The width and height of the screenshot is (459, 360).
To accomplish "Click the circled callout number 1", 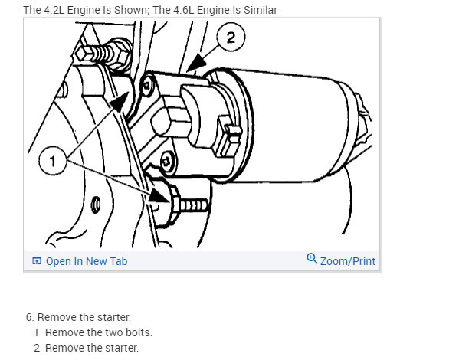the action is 53,161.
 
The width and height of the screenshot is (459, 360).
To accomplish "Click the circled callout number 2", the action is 231,38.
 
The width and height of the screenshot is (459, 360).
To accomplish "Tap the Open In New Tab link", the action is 87,261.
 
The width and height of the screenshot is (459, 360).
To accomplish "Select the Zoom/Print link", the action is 347,261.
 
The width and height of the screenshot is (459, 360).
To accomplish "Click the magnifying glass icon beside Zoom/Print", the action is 312,258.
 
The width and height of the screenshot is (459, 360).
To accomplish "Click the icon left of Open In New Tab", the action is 37,260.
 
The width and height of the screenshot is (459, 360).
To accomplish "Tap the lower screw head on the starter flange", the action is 168,162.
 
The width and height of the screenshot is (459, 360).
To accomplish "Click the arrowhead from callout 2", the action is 196,63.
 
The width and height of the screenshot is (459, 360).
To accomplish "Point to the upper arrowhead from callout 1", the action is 120,102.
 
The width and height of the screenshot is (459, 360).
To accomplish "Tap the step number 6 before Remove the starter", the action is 30,317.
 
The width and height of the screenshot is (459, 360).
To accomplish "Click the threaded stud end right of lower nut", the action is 194,205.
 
